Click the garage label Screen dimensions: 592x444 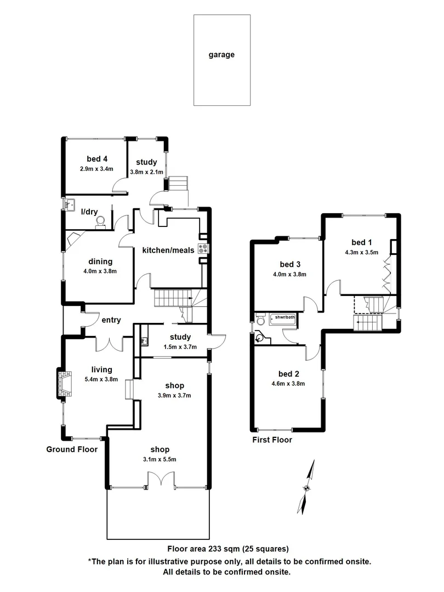[x=221, y=55]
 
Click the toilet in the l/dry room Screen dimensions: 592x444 [x=100, y=221]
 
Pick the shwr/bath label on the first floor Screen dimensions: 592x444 [x=284, y=317]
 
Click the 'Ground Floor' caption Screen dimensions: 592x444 [x=72, y=449]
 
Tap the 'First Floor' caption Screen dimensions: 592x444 [x=272, y=440]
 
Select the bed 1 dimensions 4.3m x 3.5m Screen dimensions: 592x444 [x=358, y=253]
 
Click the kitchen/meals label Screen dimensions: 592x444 [x=168, y=251]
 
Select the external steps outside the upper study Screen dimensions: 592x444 [x=178, y=184]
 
